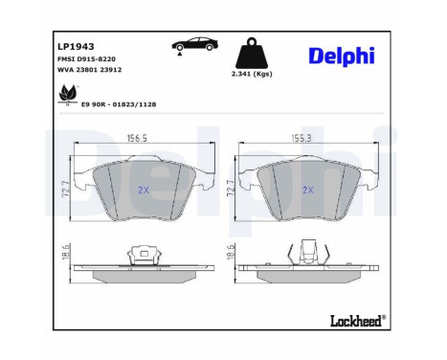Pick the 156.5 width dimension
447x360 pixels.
coord(143,139)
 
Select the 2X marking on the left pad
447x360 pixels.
coord(145,190)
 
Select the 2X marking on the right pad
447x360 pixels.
coord(308,190)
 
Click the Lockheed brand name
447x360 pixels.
coord(356,321)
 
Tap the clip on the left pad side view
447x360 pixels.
coord(145,252)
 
